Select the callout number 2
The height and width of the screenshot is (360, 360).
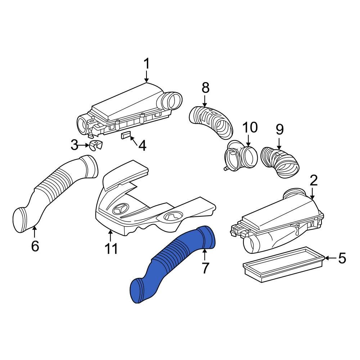pos(314,180)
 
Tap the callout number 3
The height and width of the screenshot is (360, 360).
pos(75,145)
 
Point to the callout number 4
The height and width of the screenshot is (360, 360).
pos(142,146)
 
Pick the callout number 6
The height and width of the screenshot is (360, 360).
pos(35,246)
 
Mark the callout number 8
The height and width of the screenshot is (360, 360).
pos(205,87)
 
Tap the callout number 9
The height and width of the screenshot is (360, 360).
pos(280,129)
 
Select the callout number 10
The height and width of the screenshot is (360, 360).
pos(250,127)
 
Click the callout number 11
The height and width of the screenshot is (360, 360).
pos(111,248)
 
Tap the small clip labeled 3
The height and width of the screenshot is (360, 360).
pos(95,146)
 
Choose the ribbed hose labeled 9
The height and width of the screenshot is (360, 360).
pos(281,162)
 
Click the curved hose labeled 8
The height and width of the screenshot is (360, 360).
pos(212,121)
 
